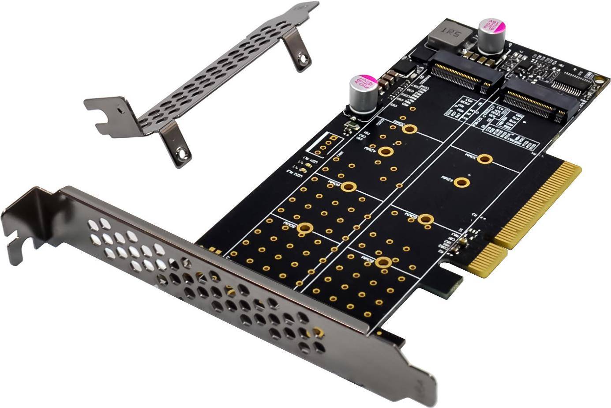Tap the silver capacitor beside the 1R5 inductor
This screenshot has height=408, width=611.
491,34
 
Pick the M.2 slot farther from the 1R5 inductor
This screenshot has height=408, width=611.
535,101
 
